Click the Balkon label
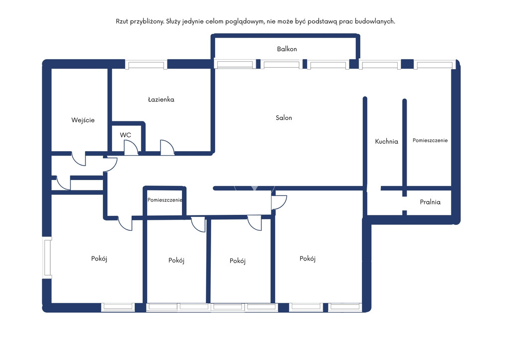click(x=287, y=49)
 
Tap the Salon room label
click(x=284, y=118)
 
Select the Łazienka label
click(x=161, y=99)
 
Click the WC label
click(x=125, y=135)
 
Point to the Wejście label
click(x=83, y=120)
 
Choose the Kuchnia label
click(x=386, y=141)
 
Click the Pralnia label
click(x=430, y=202)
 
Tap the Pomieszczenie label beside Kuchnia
click(x=430, y=140)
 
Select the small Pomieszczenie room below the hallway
click(x=165, y=200)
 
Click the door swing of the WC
click(x=131, y=148)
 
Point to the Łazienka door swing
click(x=167, y=147)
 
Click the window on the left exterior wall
click(x=48, y=258)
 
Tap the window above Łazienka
click(x=146, y=65)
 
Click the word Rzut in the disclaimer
click(x=122, y=21)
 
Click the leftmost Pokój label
click(x=99, y=259)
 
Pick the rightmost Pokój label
click(x=307, y=259)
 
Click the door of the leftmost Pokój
click(x=125, y=223)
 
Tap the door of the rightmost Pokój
click(x=279, y=202)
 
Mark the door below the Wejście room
click(x=79, y=159)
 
